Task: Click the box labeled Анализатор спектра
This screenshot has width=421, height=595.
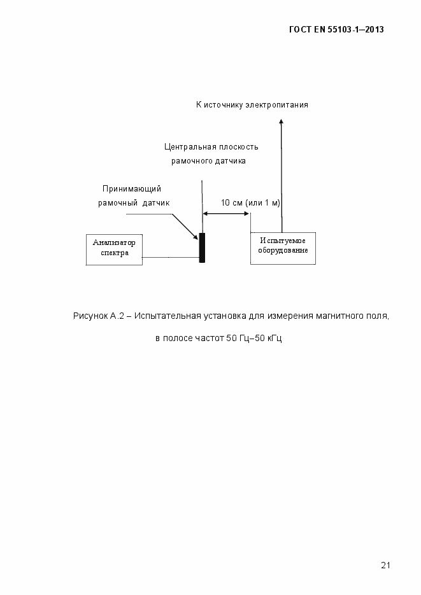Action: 114,249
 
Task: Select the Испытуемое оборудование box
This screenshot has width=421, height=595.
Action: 283,247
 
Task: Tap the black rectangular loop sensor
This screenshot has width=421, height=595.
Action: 202,248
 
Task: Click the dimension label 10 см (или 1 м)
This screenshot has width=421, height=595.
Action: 250,202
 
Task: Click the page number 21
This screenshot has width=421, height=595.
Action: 385,564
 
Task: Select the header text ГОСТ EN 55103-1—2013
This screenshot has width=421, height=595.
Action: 336,29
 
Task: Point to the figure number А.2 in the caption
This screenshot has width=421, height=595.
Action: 117,316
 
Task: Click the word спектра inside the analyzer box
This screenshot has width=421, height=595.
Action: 115,253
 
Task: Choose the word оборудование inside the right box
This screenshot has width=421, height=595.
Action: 283,251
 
